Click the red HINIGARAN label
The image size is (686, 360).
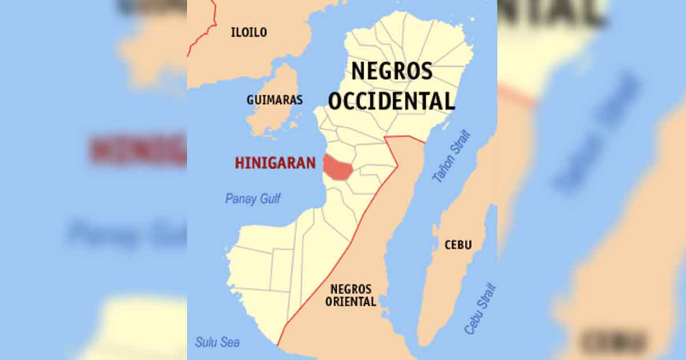point(275,163)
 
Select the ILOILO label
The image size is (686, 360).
point(249,33)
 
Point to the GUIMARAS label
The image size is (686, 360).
point(274,100)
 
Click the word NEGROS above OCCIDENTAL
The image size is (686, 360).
point(392,71)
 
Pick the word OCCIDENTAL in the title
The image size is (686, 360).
point(392,101)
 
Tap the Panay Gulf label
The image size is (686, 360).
point(253,199)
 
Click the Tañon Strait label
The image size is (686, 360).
point(452,155)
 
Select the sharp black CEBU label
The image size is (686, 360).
point(458,245)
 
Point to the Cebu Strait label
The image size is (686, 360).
point(480,309)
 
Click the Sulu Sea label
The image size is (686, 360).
point(217,342)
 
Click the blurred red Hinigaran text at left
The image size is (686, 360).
point(137,150)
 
